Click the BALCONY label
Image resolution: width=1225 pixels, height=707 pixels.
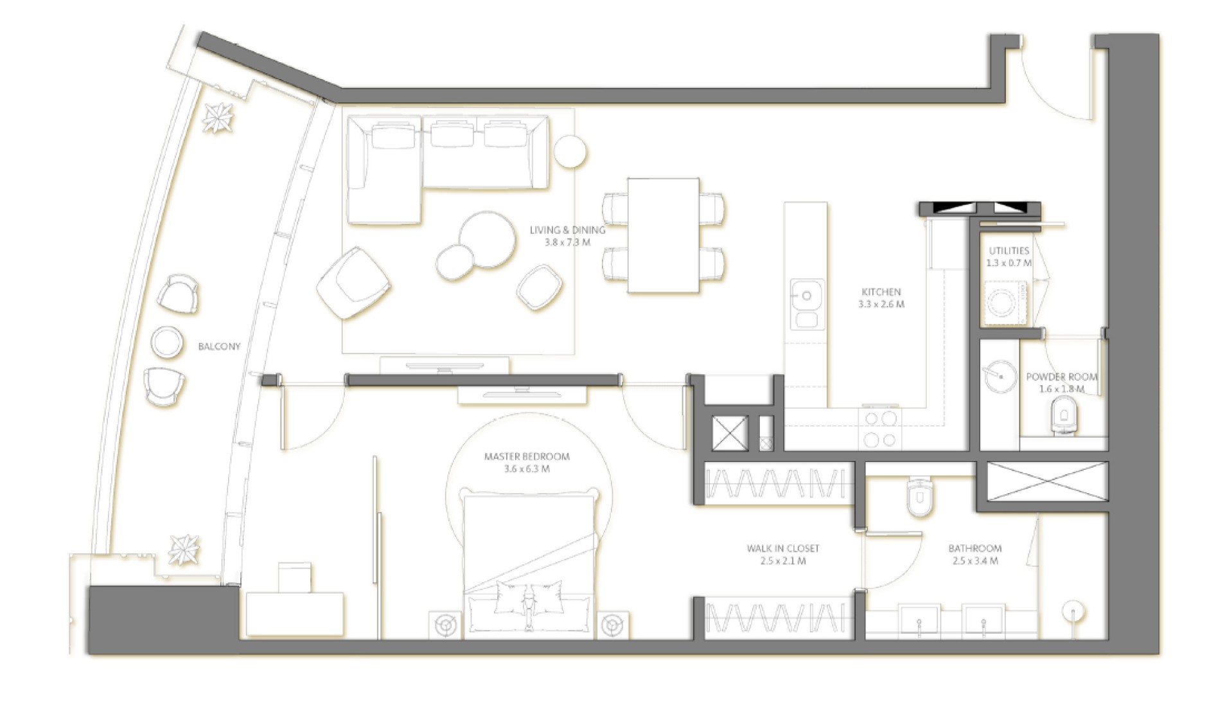pyautogui.click(x=219, y=346)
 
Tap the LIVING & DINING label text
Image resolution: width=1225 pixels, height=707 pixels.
pyautogui.click(x=567, y=230)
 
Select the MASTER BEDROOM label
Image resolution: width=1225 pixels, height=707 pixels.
pyautogui.click(x=527, y=457)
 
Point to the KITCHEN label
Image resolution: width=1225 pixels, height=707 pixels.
pyautogui.click(x=881, y=292)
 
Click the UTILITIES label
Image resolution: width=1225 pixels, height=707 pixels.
pyautogui.click(x=1009, y=251)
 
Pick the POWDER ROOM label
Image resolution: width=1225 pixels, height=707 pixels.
pyautogui.click(x=1061, y=377)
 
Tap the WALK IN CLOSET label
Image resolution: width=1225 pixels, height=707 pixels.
pyautogui.click(x=782, y=549)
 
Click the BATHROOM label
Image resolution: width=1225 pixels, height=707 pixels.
pyautogui.click(x=974, y=549)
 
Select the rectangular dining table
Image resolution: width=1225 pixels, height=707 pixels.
pyautogui.click(x=663, y=235)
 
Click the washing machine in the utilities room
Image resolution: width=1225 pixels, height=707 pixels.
pyautogui.click(x=1005, y=301)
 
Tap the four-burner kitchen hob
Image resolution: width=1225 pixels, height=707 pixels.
pyautogui.click(x=879, y=429)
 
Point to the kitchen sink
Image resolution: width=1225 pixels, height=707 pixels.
pyautogui.click(x=807, y=304)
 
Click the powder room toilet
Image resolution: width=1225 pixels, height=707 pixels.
pyautogui.click(x=1064, y=415)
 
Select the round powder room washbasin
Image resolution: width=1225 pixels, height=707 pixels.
pyautogui.click(x=1000, y=377)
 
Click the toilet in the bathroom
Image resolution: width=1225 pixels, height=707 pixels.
pyautogui.click(x=919, y=496)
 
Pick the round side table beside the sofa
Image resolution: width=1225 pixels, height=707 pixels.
pyautogui.click(x=570, y=152)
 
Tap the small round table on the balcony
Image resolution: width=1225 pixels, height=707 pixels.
pyautogui.click(x=167, y=342)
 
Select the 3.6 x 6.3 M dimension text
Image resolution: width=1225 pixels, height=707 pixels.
pyautogui.click(x=527, y=469)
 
